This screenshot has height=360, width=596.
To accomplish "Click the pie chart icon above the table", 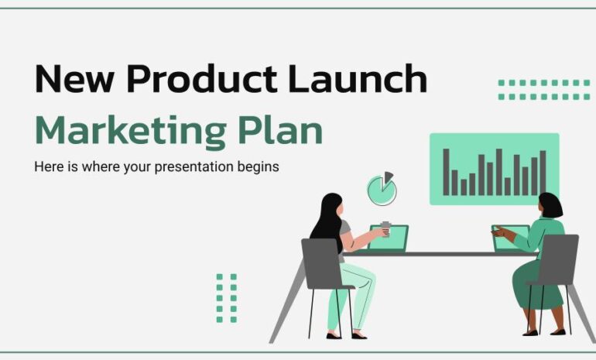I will (x=381, y=187).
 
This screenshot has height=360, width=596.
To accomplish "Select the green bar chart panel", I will (x=494, y=169).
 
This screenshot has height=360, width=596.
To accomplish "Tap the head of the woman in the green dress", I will (x=550, y=206).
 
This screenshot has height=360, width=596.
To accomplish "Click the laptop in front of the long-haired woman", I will (x=389, y=238).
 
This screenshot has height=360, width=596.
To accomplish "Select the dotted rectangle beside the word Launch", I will (x=543, y=90).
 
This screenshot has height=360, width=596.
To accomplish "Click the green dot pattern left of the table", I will (x=226, y=297).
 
